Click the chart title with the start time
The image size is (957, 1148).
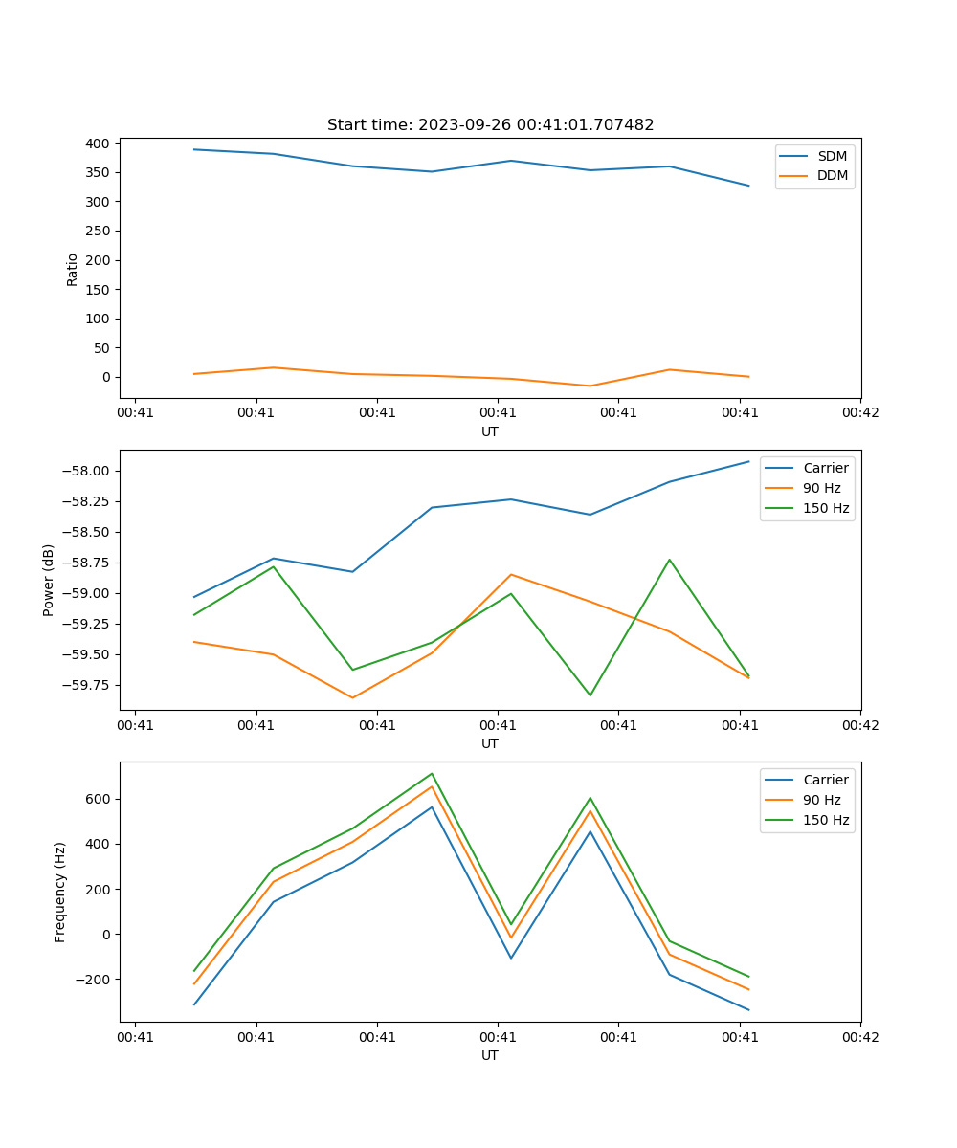click(490, 125)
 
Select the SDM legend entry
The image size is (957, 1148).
click(832, 156)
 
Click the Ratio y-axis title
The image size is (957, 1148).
click(73, 270)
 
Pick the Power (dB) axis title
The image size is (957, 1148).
click(49, 580)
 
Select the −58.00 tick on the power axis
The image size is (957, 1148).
click(89, 471)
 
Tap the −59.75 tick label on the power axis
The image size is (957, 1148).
click(89, 685)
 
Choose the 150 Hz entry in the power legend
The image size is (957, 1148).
click(826, 508)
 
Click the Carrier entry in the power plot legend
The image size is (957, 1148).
click(825, 468)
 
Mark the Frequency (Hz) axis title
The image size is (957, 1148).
click(60, 892)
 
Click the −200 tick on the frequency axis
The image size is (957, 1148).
click(94, 980)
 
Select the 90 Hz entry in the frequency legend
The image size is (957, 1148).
click(821, 800)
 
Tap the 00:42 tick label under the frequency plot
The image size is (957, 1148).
click(860, 1036)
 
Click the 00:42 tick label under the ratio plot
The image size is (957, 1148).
click(860, 412)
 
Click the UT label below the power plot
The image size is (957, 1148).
click(490, 743)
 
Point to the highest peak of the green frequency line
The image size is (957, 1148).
click(432, 773)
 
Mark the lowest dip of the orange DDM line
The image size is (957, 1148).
click(590, 386)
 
